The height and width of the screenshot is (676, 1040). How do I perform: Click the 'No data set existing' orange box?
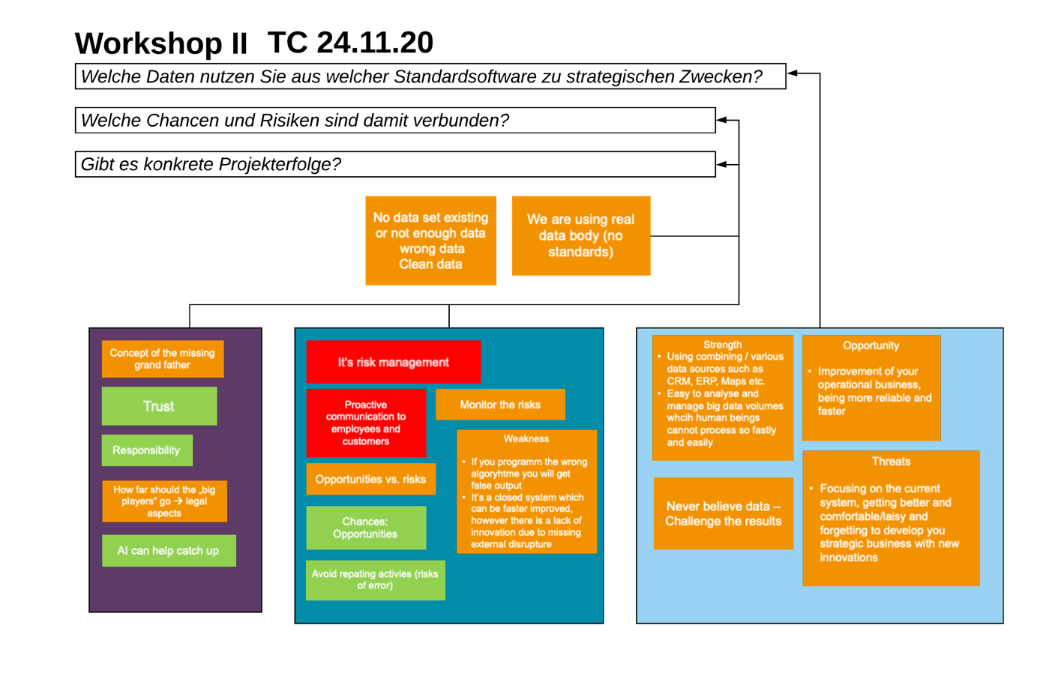[x=430, y=241]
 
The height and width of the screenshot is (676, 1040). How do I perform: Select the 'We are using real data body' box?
[x=580, y=235]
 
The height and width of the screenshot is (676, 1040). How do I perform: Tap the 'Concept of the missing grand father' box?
[x=163, y=359]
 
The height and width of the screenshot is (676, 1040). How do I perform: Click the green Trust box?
[x=159, y=406]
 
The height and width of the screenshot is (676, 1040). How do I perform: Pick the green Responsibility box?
[x=147, y=450]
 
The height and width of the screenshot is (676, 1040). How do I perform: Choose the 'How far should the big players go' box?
[x=164, y=501]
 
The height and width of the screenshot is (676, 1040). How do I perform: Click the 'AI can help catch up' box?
[x=169, y=551]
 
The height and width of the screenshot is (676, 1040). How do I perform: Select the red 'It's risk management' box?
[x=393, y=362]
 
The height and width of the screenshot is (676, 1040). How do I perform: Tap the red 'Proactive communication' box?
[x=366, y=423]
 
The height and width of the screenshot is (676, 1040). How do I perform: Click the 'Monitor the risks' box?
[x=500, y=405]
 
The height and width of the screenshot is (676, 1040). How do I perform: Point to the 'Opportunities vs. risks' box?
[x=370, y=480]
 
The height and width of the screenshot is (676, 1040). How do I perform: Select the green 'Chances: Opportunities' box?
[x=366, y=528]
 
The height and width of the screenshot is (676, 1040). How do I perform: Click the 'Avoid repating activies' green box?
[x=375, y=580]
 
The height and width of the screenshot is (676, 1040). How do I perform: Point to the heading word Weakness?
[x=526, y=439]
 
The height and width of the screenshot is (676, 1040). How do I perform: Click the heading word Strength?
[x=722, y=345]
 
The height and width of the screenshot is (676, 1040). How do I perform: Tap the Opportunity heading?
[x=871, y=345]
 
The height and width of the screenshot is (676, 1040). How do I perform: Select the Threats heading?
[x=891, y=462]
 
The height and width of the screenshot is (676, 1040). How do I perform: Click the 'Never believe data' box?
[x=723, y=513]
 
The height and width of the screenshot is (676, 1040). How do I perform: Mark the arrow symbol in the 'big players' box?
[x=178, y=501]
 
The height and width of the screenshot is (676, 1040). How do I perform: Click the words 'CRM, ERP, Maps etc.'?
[x=715, y=381]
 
